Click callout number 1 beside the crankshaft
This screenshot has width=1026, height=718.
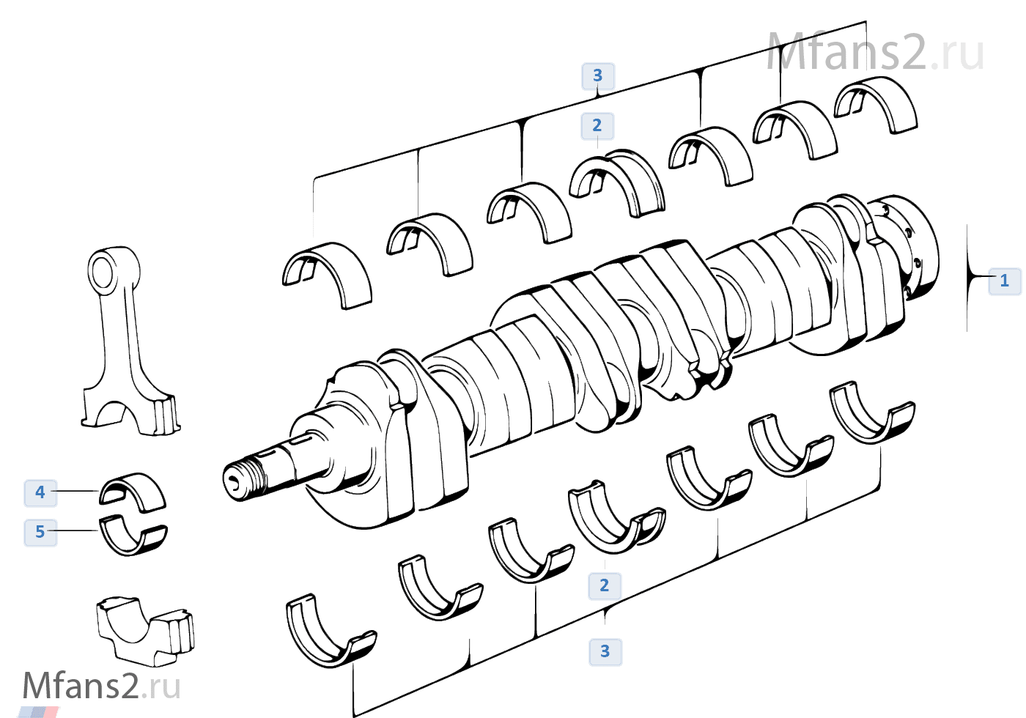tap(1004, 281)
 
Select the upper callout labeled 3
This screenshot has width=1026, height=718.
tap(597, 75)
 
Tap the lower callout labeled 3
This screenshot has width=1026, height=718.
tap(605, 651)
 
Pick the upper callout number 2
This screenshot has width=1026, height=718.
tap(597, 125)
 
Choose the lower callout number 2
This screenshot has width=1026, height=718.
tap(604, 585)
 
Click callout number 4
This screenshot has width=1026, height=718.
tap(40, 492)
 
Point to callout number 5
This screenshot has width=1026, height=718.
tap(40, 532)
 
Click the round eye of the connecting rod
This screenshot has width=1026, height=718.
tap(103, 270)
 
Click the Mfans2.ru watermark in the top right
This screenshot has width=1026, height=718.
tap(875, 53)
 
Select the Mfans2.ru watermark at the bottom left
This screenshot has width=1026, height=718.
tap(101, 686)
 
